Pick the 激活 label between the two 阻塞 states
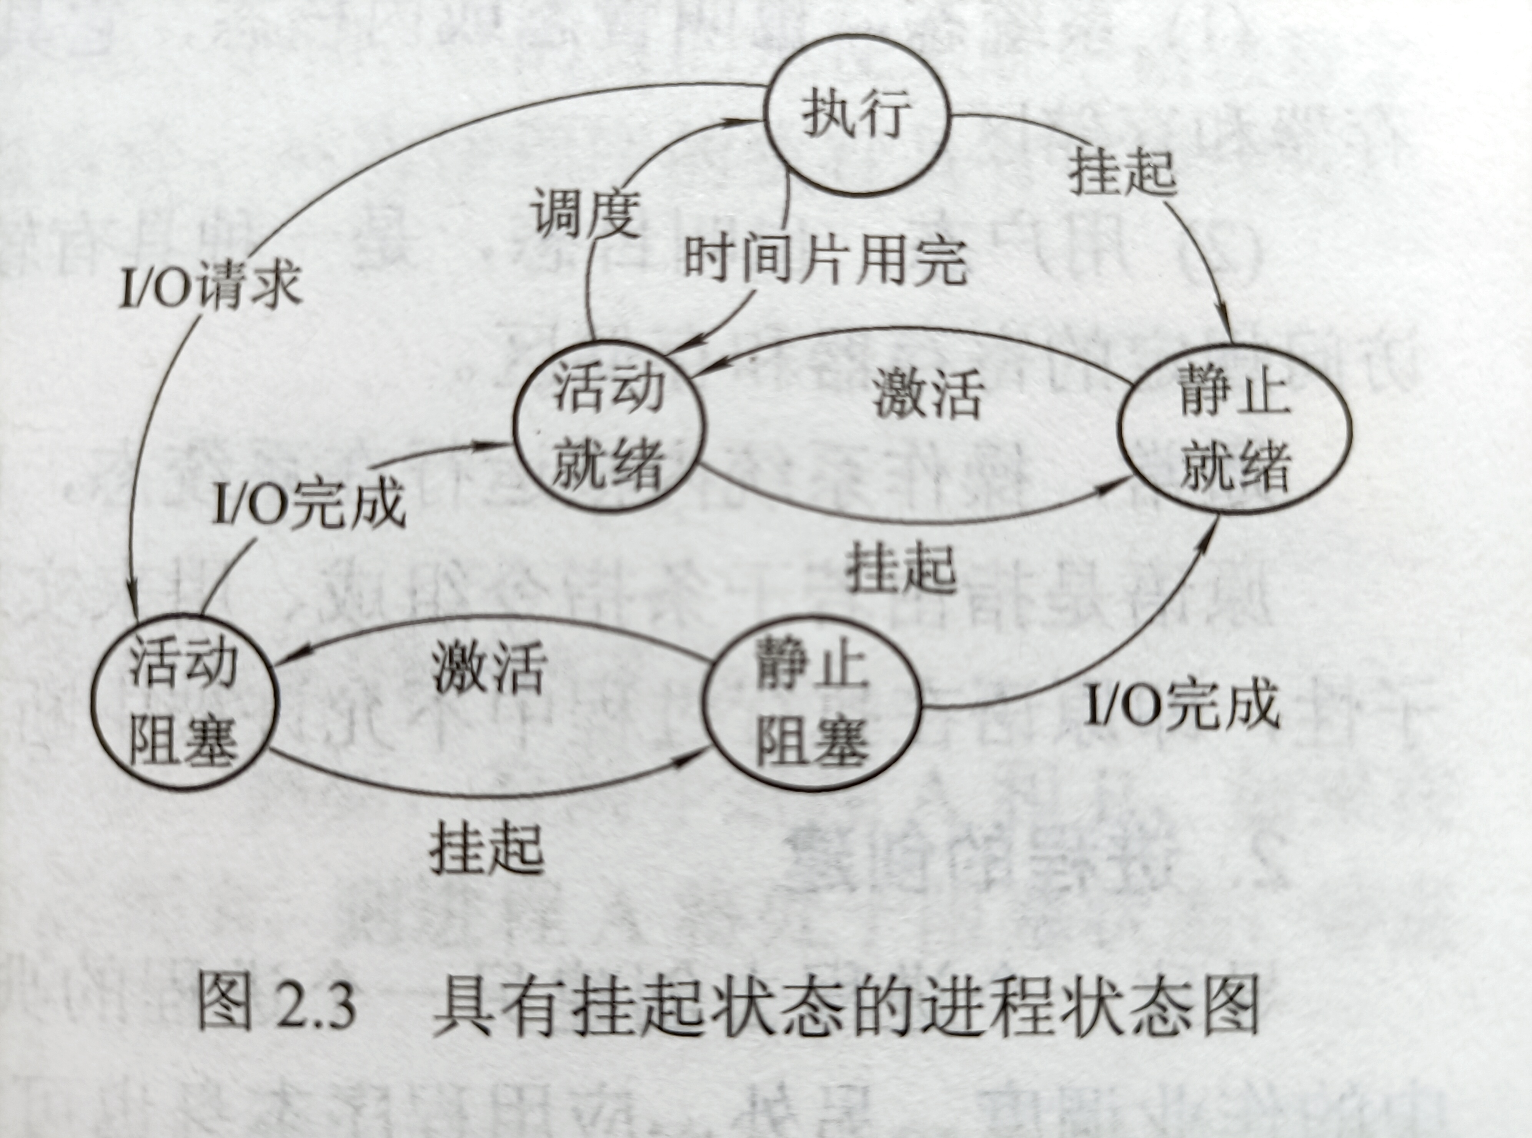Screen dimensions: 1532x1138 click(x=489, y=668)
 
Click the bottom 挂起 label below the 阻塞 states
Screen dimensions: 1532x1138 click(x=486, y=849)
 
